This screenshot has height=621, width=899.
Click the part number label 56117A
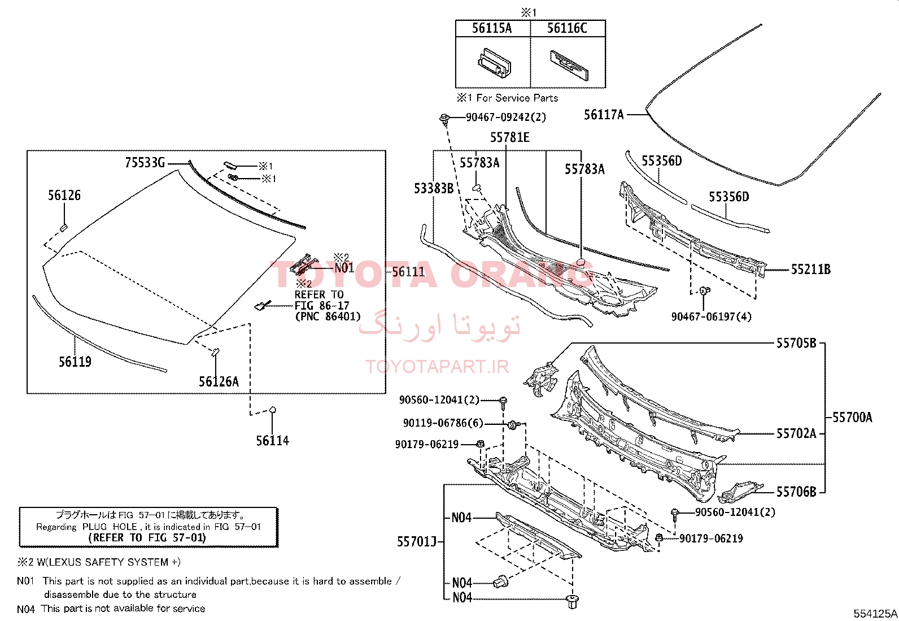coord(604,115)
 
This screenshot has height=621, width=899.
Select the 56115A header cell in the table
coord(492,28)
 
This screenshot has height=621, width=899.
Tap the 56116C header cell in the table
coord(567,28)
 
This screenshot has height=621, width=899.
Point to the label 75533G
coord(145,163)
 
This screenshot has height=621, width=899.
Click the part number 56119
coord(75,362)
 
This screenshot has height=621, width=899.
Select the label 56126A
coord(219,381)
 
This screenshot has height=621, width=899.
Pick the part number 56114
coord(273,441)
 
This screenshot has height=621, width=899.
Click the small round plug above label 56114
coord(273,410)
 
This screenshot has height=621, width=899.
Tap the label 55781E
coord(510,137)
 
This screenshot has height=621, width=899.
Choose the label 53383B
coord(434,188)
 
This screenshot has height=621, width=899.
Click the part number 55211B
coord(811,270)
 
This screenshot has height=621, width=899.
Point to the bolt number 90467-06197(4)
coord(711,316)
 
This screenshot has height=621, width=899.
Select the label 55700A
coord(853,418)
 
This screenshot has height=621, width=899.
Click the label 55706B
coord(796,492)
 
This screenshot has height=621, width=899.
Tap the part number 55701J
coord(417,542)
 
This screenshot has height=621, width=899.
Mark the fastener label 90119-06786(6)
coord(443,423)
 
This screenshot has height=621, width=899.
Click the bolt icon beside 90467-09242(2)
coord(444,119)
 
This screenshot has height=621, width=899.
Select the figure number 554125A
coord(875,613)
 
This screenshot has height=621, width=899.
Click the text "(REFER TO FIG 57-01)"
coord(147,537)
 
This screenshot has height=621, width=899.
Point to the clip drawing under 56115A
coord(495,63)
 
